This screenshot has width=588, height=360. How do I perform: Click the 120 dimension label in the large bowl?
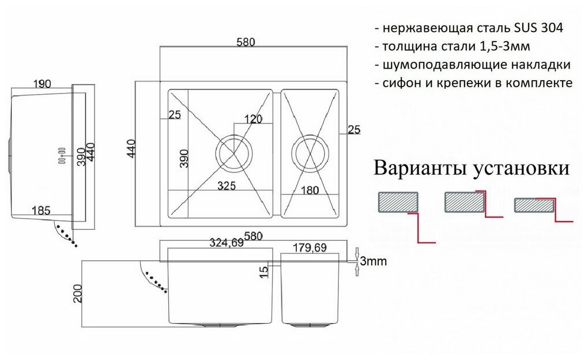(253, 119)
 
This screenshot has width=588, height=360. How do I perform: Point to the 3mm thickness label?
(373, 261)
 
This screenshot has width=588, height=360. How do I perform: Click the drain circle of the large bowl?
(234, 152)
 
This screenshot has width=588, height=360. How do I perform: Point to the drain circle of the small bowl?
(310, 153)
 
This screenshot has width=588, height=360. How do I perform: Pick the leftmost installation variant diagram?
(404, 213)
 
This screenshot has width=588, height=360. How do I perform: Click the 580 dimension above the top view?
(246, 42)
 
